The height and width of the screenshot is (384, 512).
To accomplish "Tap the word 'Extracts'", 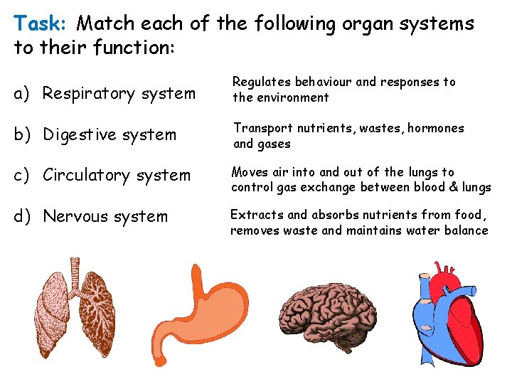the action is coord(257,215).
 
